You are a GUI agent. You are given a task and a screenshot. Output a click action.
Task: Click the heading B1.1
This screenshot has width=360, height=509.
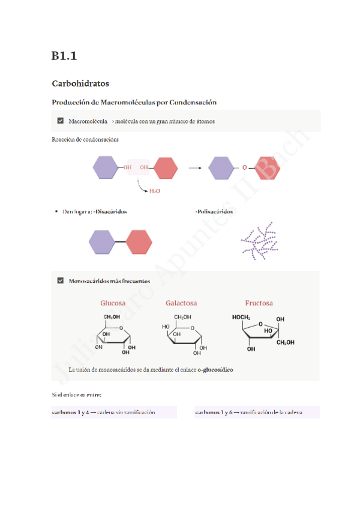point(64,56)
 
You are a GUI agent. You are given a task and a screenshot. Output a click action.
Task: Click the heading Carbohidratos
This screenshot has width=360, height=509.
point(80,83)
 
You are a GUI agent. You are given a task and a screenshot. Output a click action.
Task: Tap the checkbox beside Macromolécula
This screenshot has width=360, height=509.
point(60,121)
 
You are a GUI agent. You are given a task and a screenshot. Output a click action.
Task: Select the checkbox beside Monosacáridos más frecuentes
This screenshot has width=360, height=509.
point(60,280)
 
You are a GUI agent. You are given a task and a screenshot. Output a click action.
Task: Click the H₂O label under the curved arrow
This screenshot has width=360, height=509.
point(154,190)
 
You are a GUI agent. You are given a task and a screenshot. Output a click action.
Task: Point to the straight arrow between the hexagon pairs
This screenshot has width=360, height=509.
point(195,168)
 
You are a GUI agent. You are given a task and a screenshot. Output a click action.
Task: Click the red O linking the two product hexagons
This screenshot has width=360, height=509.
point(244,168)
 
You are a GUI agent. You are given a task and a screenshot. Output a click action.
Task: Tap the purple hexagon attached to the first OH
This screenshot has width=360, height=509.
point(107,167)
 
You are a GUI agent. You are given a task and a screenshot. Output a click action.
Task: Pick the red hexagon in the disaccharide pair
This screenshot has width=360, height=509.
point(139,241)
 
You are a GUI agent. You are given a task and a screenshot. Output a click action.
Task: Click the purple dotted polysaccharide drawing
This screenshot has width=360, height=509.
point(259,242)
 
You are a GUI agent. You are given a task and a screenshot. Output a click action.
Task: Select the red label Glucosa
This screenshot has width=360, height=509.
point(113,303)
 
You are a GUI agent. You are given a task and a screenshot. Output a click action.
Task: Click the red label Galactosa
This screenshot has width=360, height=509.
point(181,303)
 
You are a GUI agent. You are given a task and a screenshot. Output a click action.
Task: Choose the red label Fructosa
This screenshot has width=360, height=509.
point(259,303)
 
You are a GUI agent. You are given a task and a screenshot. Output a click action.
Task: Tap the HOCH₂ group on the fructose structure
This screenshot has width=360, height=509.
point(242,317)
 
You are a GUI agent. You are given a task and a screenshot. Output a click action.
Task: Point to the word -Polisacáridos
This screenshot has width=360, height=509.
point(214,211)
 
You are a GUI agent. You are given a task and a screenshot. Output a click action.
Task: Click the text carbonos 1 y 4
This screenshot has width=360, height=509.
point(70,412)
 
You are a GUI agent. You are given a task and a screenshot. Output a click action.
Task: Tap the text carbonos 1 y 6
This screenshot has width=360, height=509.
point(214,412)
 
